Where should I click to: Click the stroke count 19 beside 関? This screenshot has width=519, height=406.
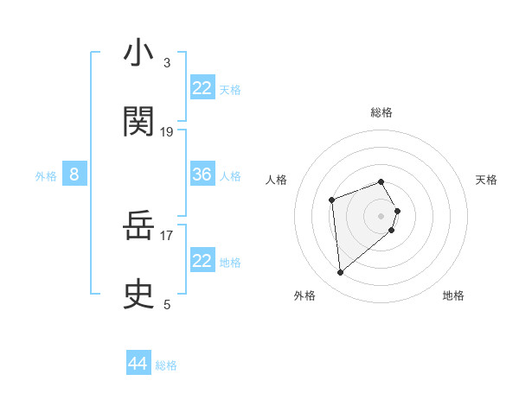pos(167,132)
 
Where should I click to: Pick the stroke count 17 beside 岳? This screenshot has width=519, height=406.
pos(167,234)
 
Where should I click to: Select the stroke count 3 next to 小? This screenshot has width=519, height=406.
pos(167,63)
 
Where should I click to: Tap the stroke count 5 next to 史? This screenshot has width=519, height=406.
pos(167,304)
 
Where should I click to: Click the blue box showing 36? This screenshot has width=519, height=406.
pos(202,174)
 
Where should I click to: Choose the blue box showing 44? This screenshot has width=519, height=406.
pos(138,364)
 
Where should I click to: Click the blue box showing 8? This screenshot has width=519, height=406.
pos(74,174)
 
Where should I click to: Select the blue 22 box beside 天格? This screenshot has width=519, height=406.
pos(202,88)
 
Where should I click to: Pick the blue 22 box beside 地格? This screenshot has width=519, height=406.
pos(202,261)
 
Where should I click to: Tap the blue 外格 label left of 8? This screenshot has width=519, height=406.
pos(46,176)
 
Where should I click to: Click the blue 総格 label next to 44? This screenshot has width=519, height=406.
pos(166,365)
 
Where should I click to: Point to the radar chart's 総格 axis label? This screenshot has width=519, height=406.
pos(381,112)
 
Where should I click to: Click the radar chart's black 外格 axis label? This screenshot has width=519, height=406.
pos(304,295)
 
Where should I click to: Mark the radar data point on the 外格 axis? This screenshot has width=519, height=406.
pos(341,273)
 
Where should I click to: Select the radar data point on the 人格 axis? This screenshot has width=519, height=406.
pos(332,200)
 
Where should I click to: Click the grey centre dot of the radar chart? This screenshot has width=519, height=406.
pos(381,215)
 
